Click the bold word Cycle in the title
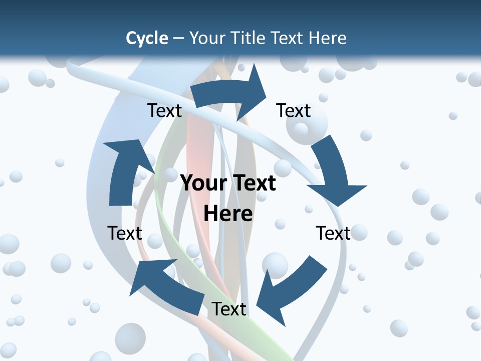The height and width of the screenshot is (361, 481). coord(147,38)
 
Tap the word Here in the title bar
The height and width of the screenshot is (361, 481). coord(328,38)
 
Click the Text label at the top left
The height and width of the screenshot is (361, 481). coord(164,110)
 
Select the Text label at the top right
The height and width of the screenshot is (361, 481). coord(294,110)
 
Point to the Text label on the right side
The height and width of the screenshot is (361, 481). coord(333,233)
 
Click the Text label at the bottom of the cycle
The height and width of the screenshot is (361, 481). coord(229,309)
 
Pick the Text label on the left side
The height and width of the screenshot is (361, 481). coord(125,233)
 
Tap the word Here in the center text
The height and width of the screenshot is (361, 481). coord(228,214)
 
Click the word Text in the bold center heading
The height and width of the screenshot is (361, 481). coord(253,184)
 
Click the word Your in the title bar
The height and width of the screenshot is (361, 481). coord(207,38)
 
